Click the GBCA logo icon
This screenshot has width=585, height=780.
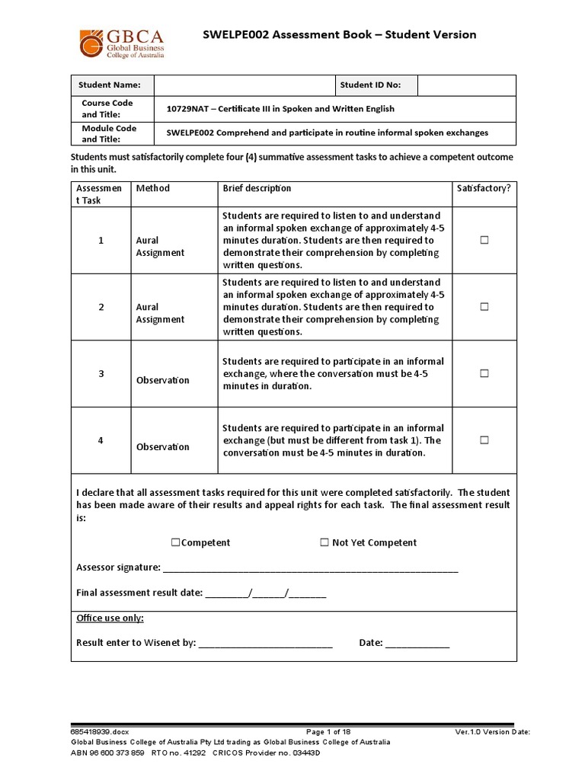tap(93, 43)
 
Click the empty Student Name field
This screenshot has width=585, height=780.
tap(245, 85)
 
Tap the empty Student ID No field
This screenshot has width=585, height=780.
tap(466, 85)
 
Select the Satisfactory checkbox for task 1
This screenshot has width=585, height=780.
tap(484, 240)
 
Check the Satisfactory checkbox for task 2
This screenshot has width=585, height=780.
tap(484, 307)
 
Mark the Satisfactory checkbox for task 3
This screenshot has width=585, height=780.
tap(484, 373)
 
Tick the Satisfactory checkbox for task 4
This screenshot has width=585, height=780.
tap(484, 440)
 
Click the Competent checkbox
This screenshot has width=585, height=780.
tap(175, 542)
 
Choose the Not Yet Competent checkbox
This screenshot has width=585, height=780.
tap(324, 542)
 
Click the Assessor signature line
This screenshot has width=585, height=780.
tap(311, 568)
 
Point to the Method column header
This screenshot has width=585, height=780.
tap(152, 188)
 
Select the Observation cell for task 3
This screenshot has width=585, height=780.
tap(162, 380)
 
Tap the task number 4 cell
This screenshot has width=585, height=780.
tap(100, 440)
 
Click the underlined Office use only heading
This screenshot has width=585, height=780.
tap(110, 618)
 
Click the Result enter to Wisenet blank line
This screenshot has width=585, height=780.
tap(265, 644)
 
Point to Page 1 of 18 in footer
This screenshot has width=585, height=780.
tap(327, 732)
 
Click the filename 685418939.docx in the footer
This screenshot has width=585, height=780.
tap(100, 732)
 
